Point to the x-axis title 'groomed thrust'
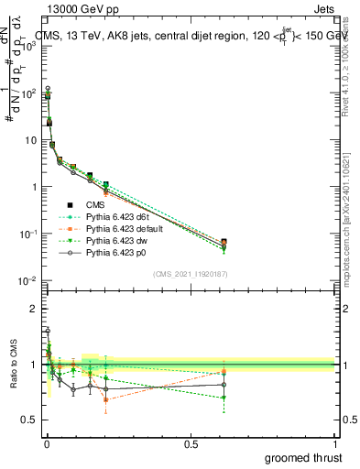304,457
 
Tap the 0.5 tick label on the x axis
191,443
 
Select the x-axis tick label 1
334,443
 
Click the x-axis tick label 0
46,443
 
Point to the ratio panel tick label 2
34,309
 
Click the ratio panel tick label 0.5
29,420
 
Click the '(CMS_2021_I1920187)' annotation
191,274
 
